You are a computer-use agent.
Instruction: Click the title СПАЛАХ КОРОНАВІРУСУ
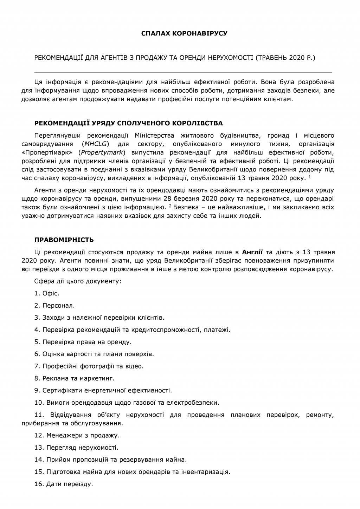184,33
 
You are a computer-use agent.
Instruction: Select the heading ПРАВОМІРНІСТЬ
64,240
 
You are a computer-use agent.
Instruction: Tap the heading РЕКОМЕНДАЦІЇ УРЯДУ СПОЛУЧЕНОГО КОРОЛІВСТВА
129,123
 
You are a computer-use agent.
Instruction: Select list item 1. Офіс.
47,293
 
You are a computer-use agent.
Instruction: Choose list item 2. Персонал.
54,306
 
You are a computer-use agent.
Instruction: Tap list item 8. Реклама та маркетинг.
75,378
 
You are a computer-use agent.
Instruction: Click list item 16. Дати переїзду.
64,484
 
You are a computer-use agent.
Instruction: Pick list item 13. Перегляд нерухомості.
76,448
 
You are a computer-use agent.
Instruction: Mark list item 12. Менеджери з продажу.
77,436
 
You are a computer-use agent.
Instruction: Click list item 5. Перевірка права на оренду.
83,342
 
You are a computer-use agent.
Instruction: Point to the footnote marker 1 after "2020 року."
309,176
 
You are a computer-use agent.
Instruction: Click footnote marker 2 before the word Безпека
170,205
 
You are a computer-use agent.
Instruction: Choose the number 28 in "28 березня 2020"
174,199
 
